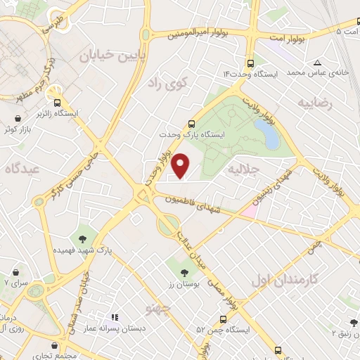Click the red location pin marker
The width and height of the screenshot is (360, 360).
pos(181,165)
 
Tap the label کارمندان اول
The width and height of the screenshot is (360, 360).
pos(284,279)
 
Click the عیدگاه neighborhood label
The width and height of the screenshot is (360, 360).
pos(22,169)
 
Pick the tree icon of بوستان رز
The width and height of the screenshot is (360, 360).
pos(184,271)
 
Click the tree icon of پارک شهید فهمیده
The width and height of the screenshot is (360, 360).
pos(84,237)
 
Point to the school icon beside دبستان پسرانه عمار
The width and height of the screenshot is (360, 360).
pos(115,317)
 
